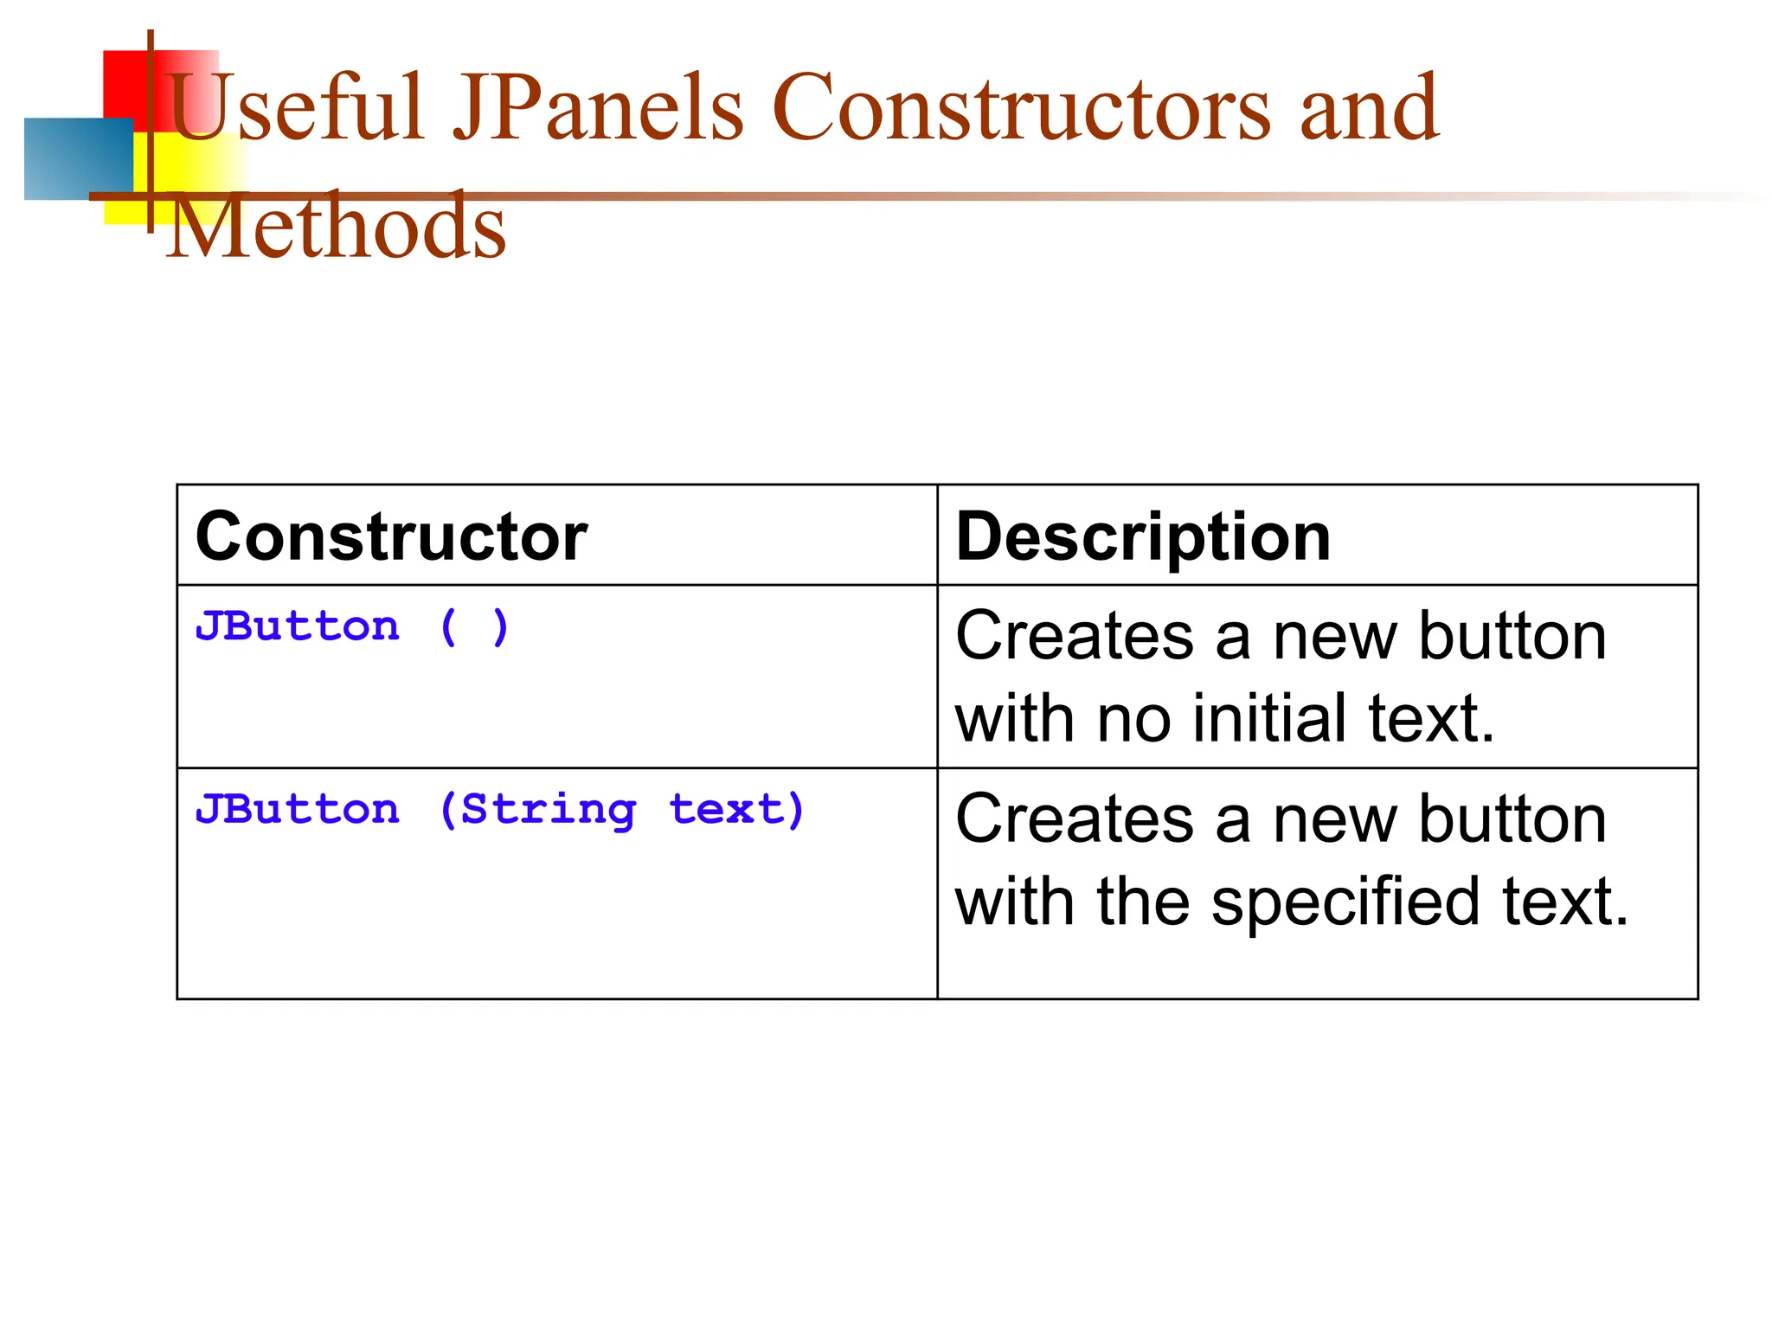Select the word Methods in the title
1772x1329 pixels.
tap(336, 227)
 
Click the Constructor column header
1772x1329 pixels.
tap(391, 537)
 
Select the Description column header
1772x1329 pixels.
tap(1142, 537)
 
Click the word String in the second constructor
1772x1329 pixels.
tap(549, 811)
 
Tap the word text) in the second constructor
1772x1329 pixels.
tap(737, 811)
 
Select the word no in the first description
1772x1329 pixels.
tap(1133, 718)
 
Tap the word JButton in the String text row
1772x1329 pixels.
tap(298, 811)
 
